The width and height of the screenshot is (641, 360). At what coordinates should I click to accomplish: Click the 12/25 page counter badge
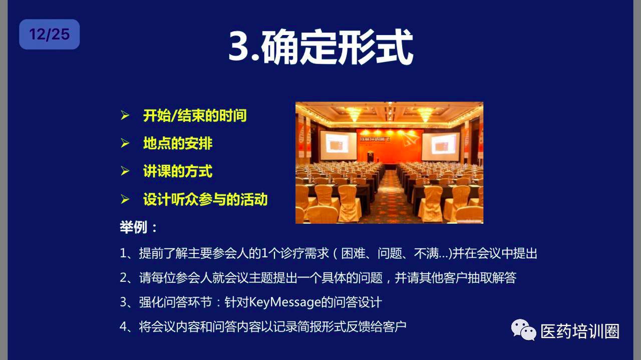[49, 35]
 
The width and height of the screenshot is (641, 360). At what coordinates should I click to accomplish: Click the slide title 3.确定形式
[320, 47]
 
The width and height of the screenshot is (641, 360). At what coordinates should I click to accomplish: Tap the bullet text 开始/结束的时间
[195, 116]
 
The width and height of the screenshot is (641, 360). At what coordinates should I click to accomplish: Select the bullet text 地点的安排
[178, 143]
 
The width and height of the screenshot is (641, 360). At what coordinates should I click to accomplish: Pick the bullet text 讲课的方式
[178, 171]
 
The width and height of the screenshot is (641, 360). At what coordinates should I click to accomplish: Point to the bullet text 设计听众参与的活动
[205, 199]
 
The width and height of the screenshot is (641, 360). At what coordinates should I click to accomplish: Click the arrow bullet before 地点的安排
[125, 143]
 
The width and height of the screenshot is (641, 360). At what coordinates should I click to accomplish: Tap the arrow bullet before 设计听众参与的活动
[125, 199]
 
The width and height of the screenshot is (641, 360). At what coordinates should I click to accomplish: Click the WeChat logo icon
[523, 330]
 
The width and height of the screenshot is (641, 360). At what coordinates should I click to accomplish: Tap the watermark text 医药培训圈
[580, 331]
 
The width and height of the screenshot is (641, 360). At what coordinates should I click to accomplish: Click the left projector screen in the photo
[338, 145]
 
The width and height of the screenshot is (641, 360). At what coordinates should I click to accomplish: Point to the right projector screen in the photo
[441, 147]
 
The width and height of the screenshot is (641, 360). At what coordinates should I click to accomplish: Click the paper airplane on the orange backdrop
[409, 139]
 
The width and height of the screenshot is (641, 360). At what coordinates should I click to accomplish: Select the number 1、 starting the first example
[129, 253]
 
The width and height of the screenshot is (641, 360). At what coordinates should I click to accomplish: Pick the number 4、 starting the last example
[129, 326]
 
